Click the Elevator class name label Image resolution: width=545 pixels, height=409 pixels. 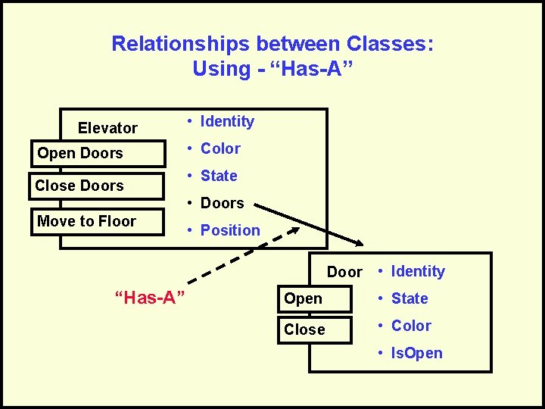107,128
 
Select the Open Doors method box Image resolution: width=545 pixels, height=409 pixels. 98,153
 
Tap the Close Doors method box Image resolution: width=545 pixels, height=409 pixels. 98,186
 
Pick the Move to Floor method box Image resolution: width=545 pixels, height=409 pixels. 98,221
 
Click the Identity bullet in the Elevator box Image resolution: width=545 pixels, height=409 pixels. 226,121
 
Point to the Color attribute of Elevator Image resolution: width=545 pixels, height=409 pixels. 220,148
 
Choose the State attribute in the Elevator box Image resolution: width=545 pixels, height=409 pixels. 218,176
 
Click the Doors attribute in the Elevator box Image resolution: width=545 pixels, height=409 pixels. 221,203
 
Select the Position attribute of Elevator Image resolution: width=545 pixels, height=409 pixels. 229,230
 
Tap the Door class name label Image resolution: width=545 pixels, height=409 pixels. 344,272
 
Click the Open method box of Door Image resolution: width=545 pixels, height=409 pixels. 316,298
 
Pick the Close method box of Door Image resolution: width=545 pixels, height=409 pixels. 316,329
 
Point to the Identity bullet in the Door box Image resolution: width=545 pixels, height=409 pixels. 417,271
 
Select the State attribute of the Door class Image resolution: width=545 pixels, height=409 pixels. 409,298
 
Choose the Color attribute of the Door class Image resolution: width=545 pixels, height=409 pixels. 410,326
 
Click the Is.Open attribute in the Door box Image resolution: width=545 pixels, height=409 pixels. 416,353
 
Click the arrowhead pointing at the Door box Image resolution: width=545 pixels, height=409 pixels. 357,242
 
